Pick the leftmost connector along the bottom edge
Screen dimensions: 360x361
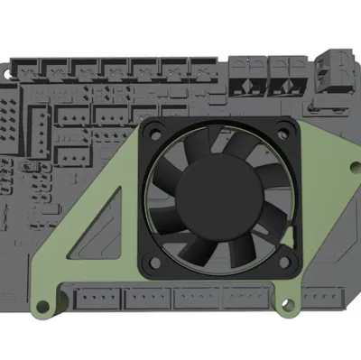tap(96, 298)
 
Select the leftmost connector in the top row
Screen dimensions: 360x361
tap(28, 69)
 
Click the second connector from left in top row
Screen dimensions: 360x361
tap(59, 69)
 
